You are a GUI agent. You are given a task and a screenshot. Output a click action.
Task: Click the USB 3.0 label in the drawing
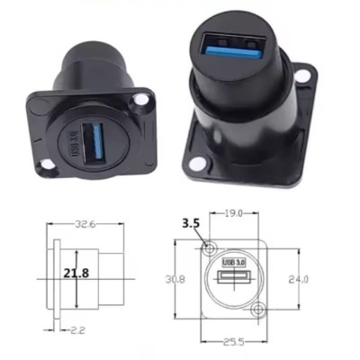tap(234, 263)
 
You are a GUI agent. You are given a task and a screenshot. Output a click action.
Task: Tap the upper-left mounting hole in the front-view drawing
tap(211, 247)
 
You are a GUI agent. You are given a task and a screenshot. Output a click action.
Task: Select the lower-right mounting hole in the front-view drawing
tap(258, 311)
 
